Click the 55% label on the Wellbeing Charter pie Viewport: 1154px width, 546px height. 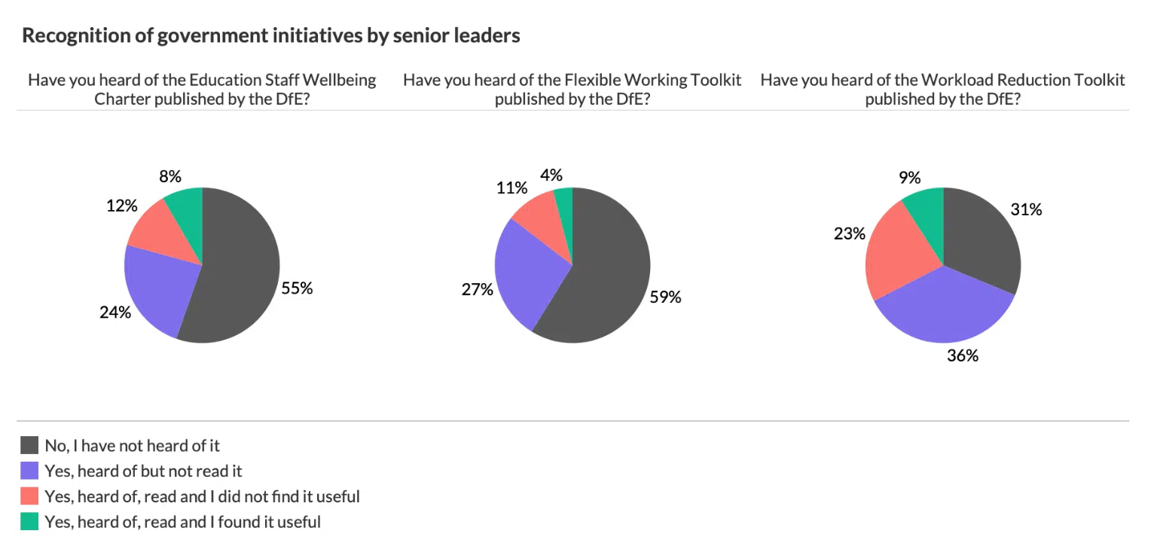(297, 288)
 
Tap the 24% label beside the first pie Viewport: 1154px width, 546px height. (114, 313)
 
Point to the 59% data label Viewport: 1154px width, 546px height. (665, 297)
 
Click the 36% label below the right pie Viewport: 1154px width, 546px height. (963, 355)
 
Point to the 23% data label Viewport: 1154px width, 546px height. (850, 233)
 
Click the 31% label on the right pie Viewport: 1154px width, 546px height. (1026, 210)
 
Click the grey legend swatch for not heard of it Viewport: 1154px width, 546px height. (29, 446)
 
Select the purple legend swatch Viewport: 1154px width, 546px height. (29, 471)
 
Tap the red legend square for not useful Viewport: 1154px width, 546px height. (29, 496)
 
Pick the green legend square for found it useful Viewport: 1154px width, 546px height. (29, 521)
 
